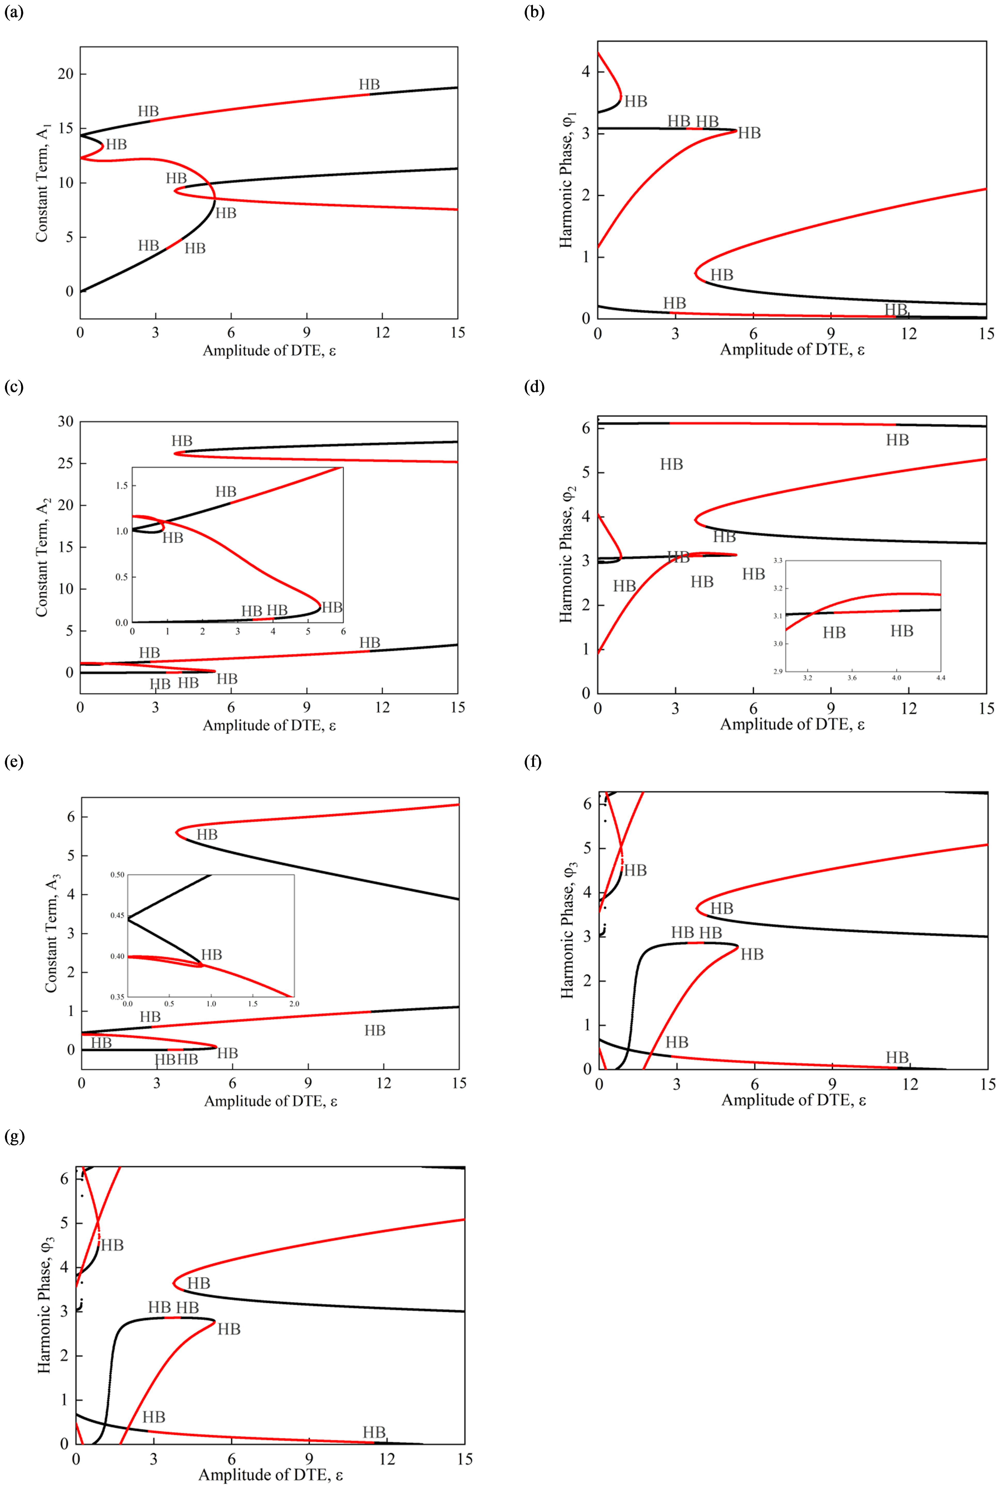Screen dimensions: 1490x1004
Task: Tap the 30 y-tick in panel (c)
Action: (66, 422)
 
